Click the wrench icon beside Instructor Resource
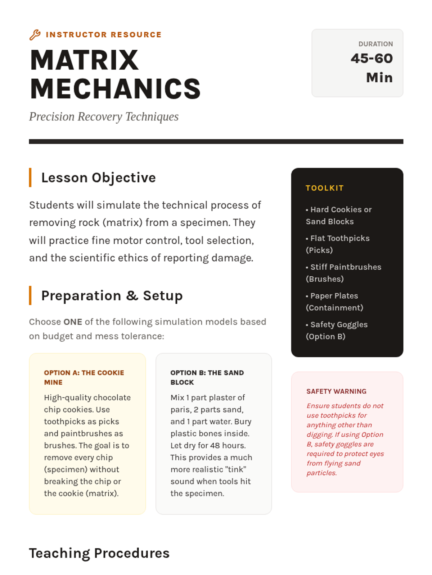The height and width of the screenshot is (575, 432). pyautogui.click(x=35, y=35)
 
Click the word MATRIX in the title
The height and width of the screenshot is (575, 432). pyautogui.click(x=84, y=60)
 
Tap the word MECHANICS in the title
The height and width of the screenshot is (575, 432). pyautogui.click(x=115, y=89)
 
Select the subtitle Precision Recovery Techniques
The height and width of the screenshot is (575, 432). pyautogui.click(x=104, y=117)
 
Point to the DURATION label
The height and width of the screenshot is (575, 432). pyautogui.click(x=375, y=44)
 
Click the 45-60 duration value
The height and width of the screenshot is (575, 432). pyautogui.click(x=372, y=59)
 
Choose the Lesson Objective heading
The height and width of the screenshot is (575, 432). pyautogui.click(x=98, y=178)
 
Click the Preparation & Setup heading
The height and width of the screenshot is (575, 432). pyautogui.click(x=112, y=296)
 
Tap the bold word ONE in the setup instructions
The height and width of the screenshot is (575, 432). pyautogui.click(x=73, y=322)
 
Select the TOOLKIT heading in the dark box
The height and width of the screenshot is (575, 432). pyautogui.click(x=324, y=188)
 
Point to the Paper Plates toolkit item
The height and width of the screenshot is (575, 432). pyautogui.click(x=334, y=302)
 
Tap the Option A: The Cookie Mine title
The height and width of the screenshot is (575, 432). pyautogui.click(x=84, y=377)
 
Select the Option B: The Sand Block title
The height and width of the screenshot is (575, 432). pyautogui.click(x=207, y=377)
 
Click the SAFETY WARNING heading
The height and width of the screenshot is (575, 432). pyautogui.click(x=336, y=391)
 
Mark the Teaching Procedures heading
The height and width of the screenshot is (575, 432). pyautogui.click(x=99, y=553)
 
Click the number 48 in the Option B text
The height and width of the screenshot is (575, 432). pyautogui.click(x=215, y=446)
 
